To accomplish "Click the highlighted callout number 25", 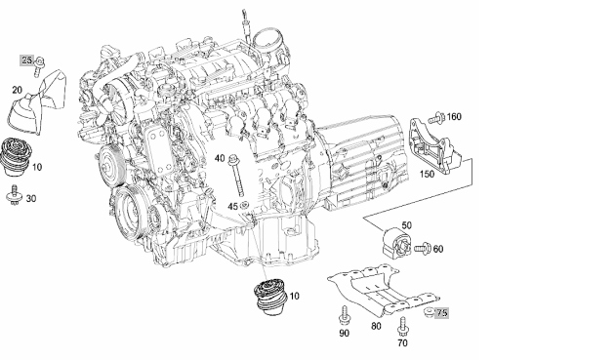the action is point(26,60).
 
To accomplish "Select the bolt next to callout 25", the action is point(39,66).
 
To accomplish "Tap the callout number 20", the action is point(17,90).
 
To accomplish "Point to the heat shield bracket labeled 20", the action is point(38,102).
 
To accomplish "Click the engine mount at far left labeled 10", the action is point(17,157).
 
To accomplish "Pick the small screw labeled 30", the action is point(15,194).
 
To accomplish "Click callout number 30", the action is point(31,199).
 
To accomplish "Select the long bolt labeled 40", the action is point(236,175).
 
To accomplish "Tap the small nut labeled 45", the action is point(245,205).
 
